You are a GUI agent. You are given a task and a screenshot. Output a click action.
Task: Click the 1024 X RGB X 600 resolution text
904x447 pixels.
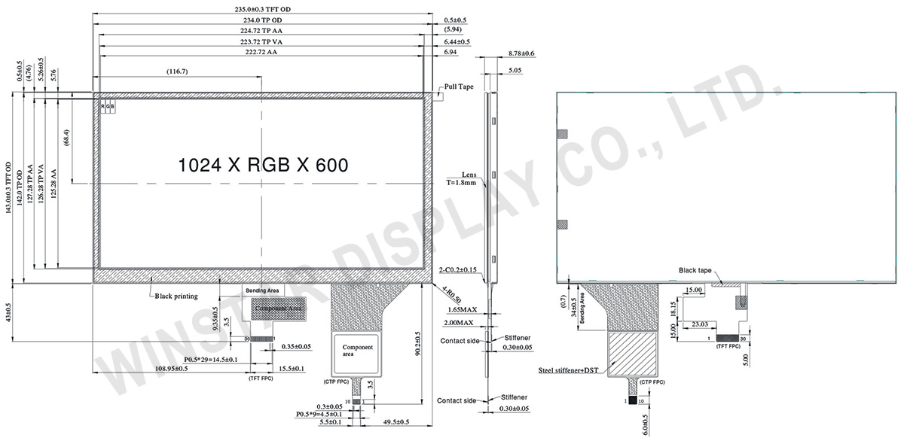[x=262, y=166]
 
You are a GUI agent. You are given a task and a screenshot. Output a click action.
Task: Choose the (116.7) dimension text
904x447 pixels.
[x=178, y=71]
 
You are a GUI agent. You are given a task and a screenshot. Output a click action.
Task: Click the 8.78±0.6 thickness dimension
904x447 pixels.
[x=521, y=53]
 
